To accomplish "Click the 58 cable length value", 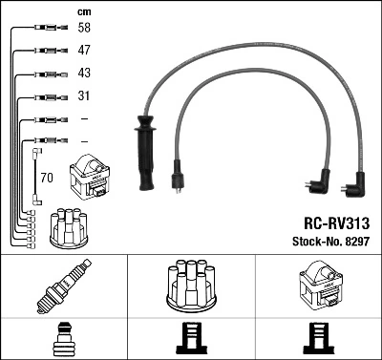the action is (84, 28).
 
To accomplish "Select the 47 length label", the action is (84, 50).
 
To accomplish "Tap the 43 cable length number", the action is (84, 73).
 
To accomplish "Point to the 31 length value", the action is (84, 95).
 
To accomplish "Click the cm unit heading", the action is (84, 12).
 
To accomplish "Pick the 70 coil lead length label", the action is (47, 178).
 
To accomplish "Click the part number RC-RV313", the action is (337, 223).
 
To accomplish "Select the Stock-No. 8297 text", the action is (331, 242).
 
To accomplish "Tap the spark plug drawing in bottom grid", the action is (64, 286).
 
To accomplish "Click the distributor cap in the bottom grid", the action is (191, 286).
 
